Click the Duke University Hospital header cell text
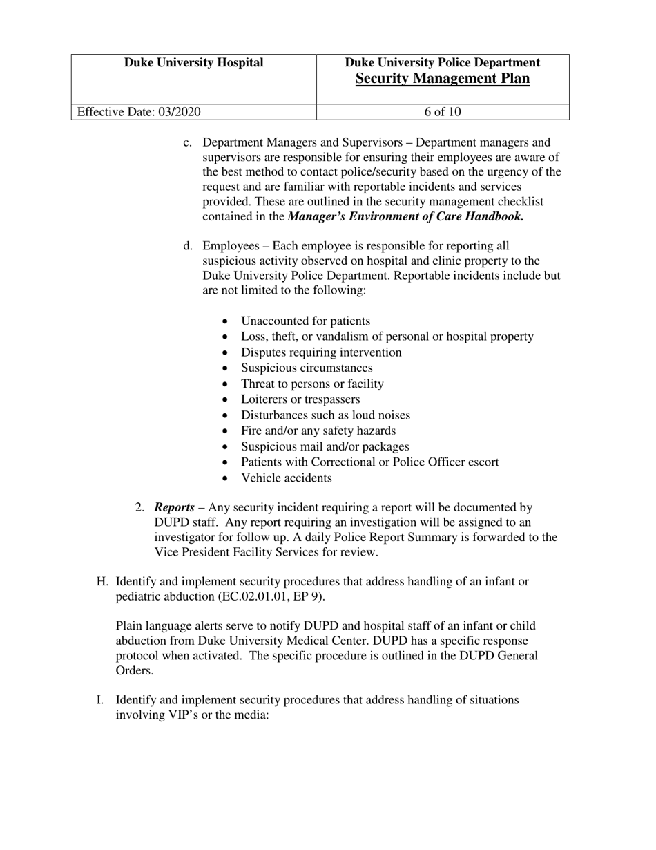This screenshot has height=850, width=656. [193, 63]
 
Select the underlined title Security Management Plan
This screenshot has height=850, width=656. [443, 79]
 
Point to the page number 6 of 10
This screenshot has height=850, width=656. [443, 112]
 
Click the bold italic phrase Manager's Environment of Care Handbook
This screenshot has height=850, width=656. [405, 217]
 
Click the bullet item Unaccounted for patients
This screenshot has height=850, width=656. [305, 321]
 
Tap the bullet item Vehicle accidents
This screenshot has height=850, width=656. [286, 478]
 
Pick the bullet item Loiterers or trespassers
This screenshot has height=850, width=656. [300, 399]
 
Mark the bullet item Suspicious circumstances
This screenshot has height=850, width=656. [307, 368]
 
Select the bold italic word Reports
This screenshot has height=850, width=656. [174, 508]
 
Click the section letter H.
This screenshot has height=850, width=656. [102, 582]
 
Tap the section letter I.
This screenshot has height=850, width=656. [100, 700]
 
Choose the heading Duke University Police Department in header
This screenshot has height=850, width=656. [443, 63]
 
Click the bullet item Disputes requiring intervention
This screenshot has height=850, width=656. [321, 352]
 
